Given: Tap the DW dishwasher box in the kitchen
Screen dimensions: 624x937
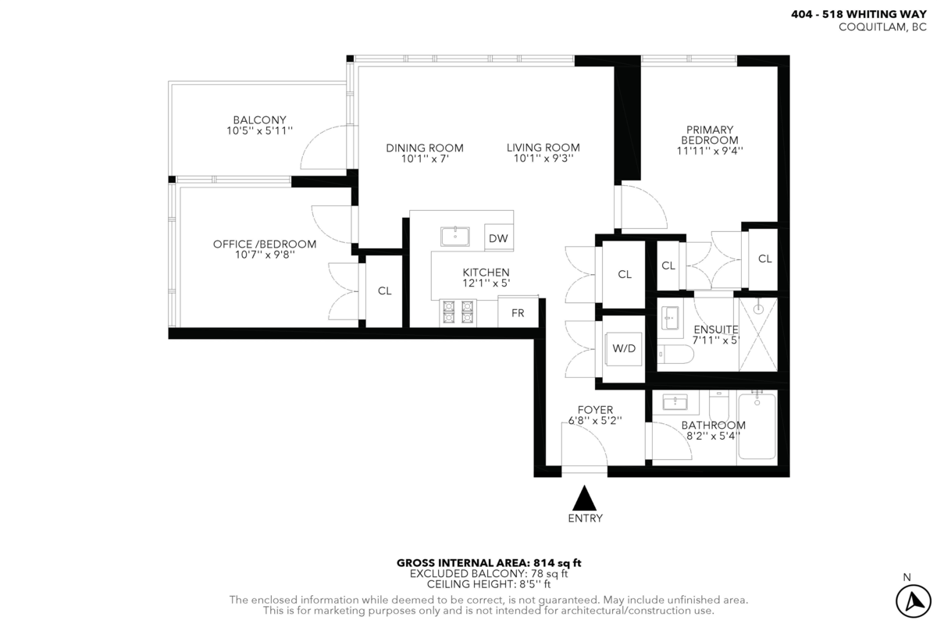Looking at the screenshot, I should point(498,238).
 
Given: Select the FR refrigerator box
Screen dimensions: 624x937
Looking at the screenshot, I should point(517,313).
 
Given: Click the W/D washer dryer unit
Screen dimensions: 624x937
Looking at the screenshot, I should point(624,349).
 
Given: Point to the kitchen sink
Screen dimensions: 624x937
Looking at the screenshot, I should point(454,236).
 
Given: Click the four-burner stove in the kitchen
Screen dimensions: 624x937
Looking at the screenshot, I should point(458,312).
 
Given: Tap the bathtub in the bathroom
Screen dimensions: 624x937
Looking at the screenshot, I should point(756,427).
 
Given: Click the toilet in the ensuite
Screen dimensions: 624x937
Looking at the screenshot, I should point(674,355).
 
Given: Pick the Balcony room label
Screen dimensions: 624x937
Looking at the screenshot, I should point(254,119).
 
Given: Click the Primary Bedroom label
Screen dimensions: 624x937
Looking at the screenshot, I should point(710,134).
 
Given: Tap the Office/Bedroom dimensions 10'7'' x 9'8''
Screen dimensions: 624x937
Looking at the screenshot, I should point(265,255).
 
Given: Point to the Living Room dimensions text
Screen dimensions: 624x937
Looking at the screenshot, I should point(543,158).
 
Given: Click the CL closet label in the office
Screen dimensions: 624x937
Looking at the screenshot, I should point(384,291).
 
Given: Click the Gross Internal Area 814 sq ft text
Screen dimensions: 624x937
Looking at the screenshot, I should point(489,562).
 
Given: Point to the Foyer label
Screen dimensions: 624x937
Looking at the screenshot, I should point(595,409).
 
